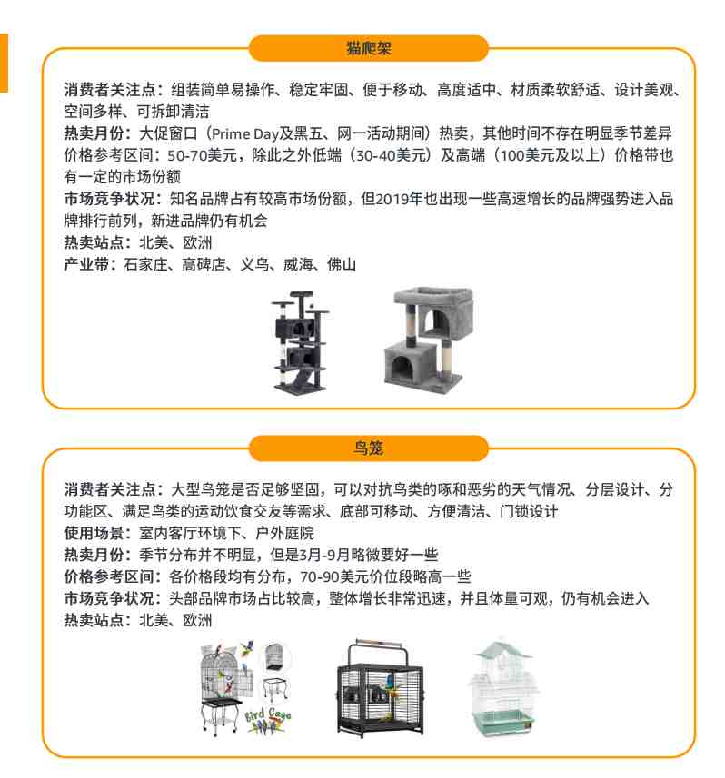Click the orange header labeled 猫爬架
pyautogui.click(x=369, y=48)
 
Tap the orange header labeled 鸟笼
pyautogui.click(x=369, y=448)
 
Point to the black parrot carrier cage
pyautogui.click(x=381, y=688)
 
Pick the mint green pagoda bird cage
pyautogui.click(x=503, y=687)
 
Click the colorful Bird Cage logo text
pyautogui.click(x=267, y=721)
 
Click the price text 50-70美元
pyautogui.click(x=202, y=155)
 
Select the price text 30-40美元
pyautogui.click(x=391, y=155)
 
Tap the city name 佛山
pyautogui.click(x=341, y=264)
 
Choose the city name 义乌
pyautogui.click(x=254, y=264)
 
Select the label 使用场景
pyautogui.click(x=94, y=534)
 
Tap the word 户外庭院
pyautogui.click(x=285, y=534)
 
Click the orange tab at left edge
pyautogui.click(x=4, y=63)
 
